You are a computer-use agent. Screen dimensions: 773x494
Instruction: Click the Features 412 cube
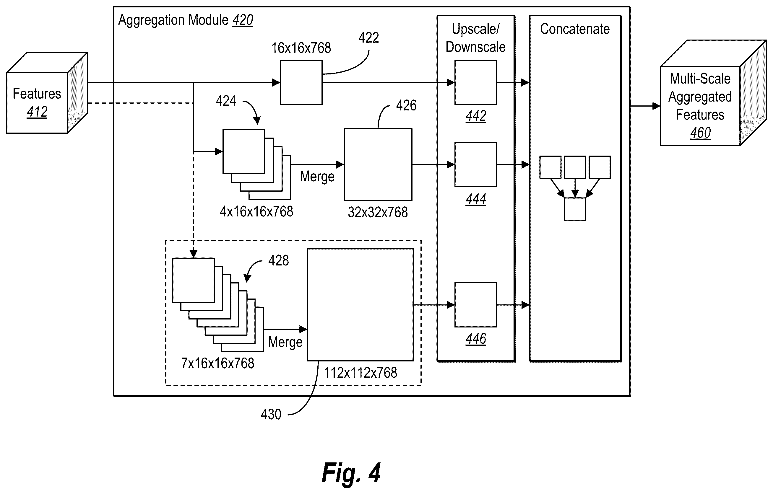[47, 93]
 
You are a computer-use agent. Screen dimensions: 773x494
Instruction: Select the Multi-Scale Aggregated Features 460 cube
[713, 93]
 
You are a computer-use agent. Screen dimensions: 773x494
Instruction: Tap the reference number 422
[368, 38]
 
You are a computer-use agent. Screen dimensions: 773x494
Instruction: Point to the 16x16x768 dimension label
[301, 48]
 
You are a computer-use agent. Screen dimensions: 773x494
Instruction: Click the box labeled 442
[476, 82]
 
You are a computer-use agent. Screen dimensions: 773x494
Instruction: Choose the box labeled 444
[476, 164]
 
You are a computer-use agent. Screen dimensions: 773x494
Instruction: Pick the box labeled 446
[476, 305]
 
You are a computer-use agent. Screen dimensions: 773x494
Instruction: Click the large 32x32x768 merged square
[378, 164]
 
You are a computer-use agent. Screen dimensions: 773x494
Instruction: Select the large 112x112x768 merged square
[360, 305]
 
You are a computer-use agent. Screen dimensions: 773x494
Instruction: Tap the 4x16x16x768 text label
[256, 212]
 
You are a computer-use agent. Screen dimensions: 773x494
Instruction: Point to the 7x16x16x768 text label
[218, 363]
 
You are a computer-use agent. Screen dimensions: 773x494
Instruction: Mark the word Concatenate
[575, 29]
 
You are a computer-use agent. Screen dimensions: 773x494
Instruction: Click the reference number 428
[279, 260]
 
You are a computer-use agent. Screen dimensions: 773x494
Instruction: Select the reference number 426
[406, 105]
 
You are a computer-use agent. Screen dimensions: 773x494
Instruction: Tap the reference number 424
[226, 101]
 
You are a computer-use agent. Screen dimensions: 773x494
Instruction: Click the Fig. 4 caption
[351, 472]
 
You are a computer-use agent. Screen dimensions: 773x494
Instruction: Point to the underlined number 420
[243, 20]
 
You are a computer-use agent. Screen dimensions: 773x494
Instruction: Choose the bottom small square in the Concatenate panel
[575, 209]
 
